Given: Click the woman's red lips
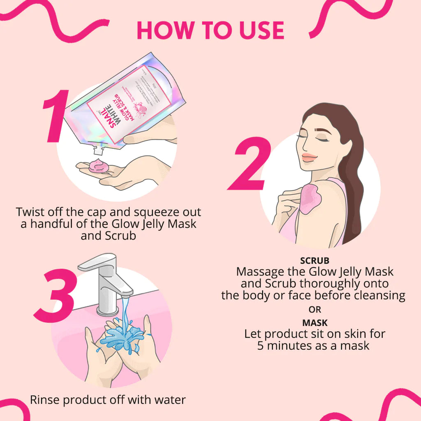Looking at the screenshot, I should point(309,157).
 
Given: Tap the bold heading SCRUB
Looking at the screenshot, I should point(315,261).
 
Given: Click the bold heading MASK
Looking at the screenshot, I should point(315,323).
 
